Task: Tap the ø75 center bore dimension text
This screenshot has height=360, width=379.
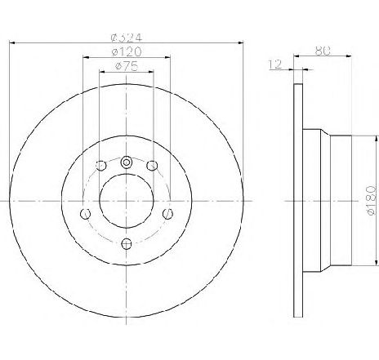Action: [x=126, y=66]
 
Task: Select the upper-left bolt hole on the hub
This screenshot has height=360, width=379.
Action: [x=100, y=167]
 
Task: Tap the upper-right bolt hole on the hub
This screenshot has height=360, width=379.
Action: [x=152, y=167]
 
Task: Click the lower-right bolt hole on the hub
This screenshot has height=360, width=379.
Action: [x=167, y=214]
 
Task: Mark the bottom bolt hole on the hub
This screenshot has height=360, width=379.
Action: [x=126, y=242]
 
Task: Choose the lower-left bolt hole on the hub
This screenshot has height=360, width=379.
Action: [x=85, y=214]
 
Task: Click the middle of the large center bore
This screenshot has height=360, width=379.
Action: [x=126, y=199]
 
